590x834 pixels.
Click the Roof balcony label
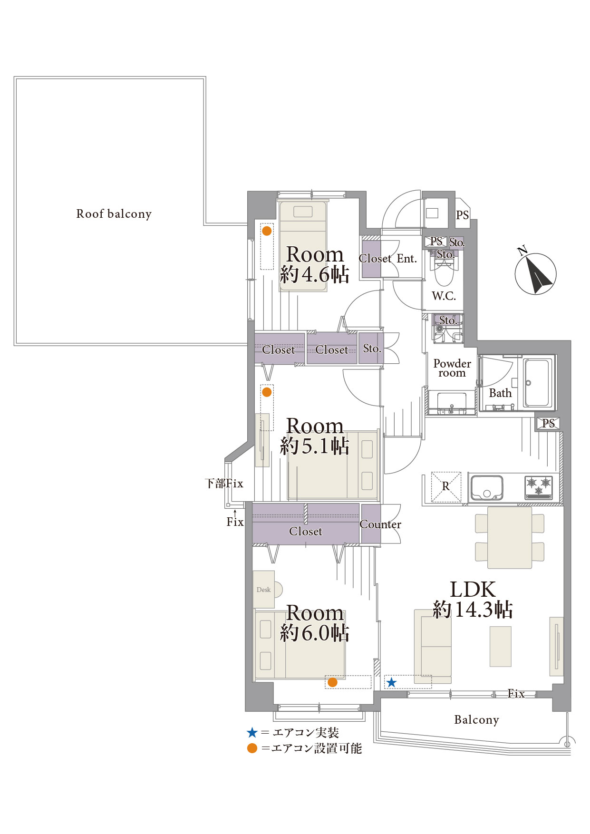tap(114, 214)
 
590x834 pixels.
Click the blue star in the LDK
tap(391, 683)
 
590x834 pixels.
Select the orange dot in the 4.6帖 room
tap(267, 231)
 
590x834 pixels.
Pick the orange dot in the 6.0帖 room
tap(333, 682)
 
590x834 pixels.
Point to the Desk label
tap(263, 590)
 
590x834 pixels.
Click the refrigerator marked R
tap(446, 487)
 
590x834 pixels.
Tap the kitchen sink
tap(486, 488)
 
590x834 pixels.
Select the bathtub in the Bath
tap(538, 382)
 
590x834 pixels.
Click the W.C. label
tap(444, 296)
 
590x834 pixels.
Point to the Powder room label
tap(452, 369)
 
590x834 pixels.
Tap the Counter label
tap(380, 524)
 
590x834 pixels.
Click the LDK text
tap(473, 590)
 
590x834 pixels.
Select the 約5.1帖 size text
tap(315, 446)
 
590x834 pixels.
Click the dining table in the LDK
tap(510, 538)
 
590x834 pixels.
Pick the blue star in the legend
tap(252, 733)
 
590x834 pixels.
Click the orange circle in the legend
tap(252, 748)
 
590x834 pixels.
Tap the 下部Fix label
tap(224, 484)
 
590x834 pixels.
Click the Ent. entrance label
tap(406, 259)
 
